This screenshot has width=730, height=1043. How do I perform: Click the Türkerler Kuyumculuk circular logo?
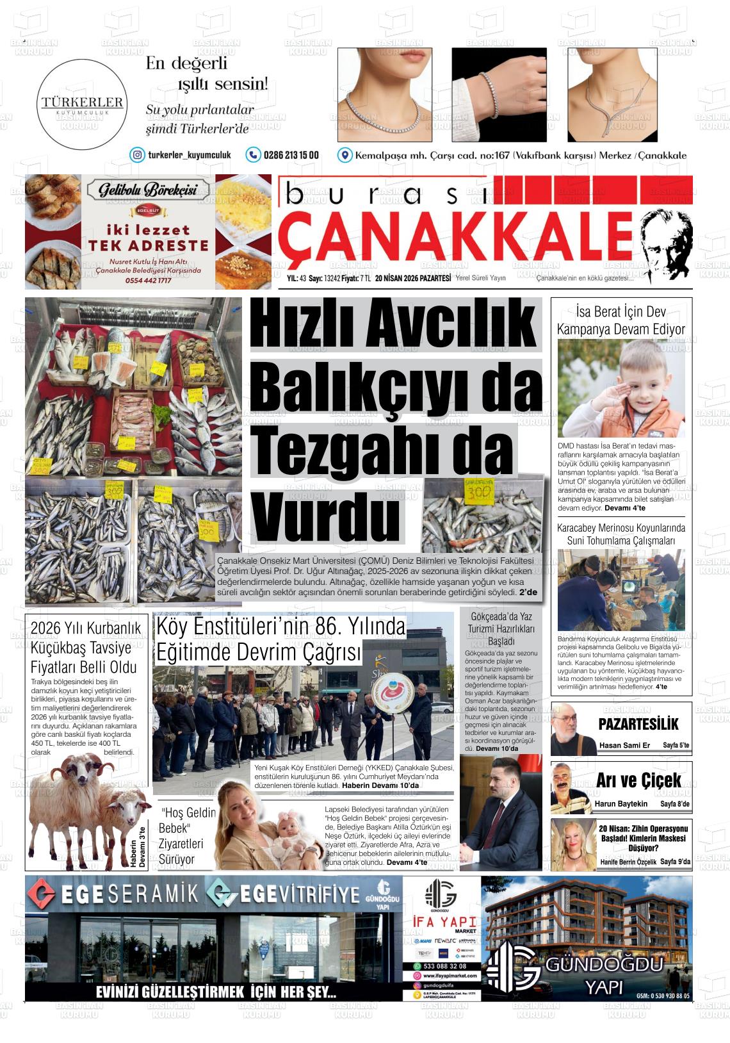82,104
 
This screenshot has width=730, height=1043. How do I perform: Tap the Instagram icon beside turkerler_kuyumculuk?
137,155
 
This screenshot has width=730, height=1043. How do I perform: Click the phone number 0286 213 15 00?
291,155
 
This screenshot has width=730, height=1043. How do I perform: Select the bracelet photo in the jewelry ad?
499,94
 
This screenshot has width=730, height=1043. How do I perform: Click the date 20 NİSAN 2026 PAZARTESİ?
413,278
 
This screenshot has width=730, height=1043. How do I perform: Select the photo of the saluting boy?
620,388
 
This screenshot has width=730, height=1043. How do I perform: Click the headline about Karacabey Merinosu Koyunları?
620,534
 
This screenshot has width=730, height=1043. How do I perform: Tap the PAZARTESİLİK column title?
638,724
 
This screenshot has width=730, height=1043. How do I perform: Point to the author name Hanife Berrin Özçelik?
628,862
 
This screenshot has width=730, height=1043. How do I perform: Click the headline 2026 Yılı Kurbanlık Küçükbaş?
85,647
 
